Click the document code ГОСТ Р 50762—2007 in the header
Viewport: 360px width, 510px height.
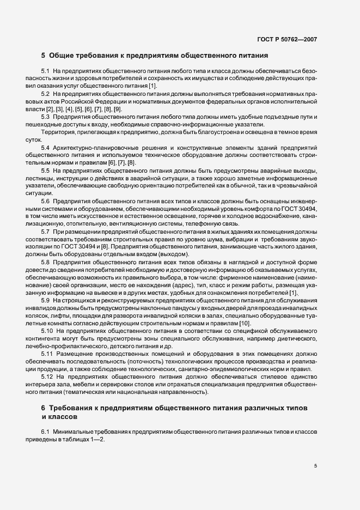(287, 39)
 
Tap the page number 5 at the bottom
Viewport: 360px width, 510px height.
(315, 466)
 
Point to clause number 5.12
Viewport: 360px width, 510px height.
(47, 376)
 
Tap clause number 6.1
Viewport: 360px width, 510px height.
(46, 432)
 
